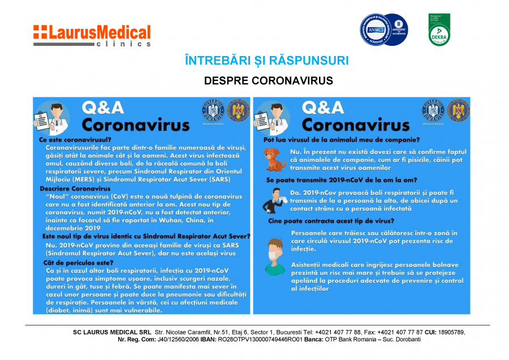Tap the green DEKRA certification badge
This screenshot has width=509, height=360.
[439, 29]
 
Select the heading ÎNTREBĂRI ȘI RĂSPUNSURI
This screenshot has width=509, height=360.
[267, 61]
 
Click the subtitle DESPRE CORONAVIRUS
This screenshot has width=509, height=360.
[268, 81]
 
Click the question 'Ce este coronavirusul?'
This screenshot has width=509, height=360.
[75, 139]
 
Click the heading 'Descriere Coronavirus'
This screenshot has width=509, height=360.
[75, 188]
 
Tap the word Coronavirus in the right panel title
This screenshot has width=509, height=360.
[356, 123]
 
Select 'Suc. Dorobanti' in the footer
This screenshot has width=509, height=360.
[400, 340]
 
